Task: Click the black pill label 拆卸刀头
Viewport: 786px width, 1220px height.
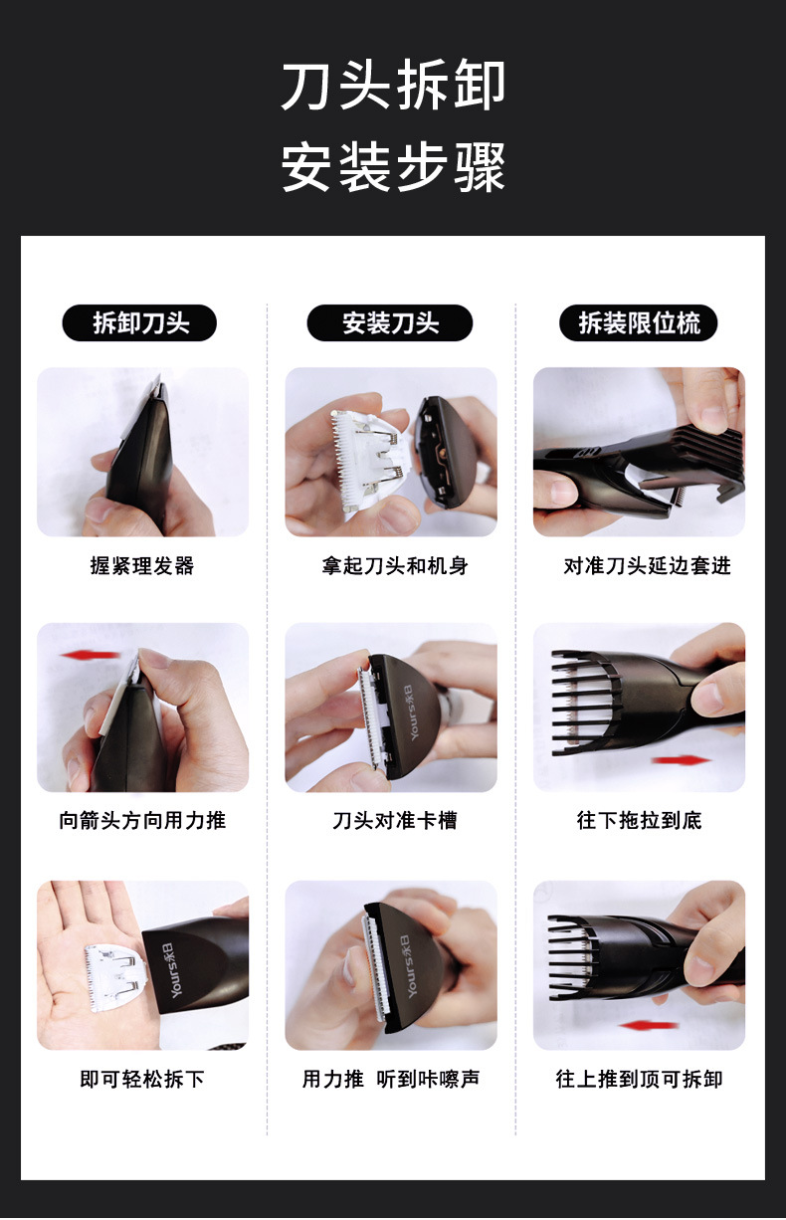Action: click(139, 323)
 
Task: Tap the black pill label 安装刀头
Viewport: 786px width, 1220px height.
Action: click(390, 323)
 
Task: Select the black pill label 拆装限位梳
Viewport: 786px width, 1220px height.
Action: click(639, 323)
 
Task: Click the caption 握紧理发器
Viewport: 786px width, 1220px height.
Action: click(142, 566)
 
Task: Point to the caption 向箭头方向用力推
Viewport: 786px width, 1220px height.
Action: click(142, 820)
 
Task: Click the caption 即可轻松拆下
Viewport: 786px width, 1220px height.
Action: click(142, 1079)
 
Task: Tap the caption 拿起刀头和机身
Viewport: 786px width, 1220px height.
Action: click(394, 566)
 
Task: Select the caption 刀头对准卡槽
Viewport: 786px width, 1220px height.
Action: click(394, 820)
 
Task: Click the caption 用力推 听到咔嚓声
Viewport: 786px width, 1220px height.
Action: click(391, 1079)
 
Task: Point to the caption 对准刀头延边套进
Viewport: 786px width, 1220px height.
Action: click(647, 566)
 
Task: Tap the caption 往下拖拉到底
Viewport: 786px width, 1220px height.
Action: click(639, 820)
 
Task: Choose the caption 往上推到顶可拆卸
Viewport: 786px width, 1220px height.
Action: click(639, 1079)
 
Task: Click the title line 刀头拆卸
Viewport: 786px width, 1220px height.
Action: click(393, 86)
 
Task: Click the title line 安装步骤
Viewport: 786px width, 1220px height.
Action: click(393, 166)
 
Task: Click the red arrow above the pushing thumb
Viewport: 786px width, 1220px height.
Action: click(90, 654)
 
